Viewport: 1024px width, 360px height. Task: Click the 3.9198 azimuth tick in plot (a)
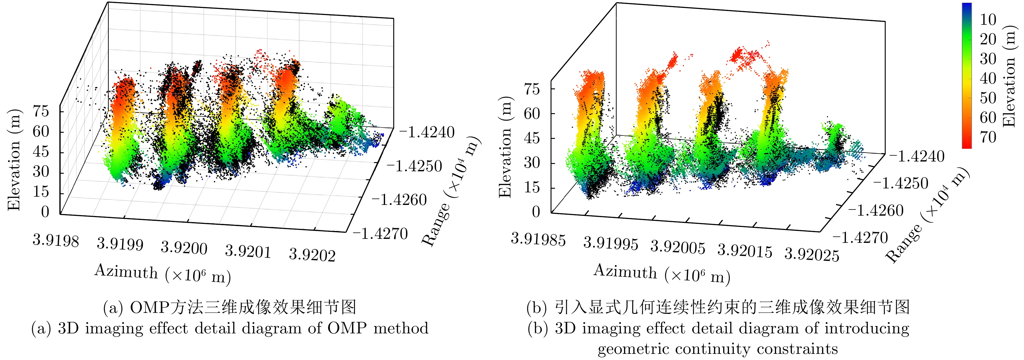click(56, 239)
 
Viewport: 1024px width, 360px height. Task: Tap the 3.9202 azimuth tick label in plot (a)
click(312, 255)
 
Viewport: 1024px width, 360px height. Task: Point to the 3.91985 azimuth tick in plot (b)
click(538, 239)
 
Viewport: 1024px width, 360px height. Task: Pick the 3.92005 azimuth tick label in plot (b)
click(678, 247)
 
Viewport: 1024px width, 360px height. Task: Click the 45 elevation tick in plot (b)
click(532, 138)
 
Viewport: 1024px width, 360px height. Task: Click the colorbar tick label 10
click(988, 20)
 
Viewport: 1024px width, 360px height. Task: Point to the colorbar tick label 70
click(988, 137)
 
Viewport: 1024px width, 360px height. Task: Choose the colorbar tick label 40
click(988, 78)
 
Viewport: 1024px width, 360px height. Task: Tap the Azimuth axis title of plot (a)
click(163, 274)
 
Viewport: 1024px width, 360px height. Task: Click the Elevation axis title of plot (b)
click(505, 147)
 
